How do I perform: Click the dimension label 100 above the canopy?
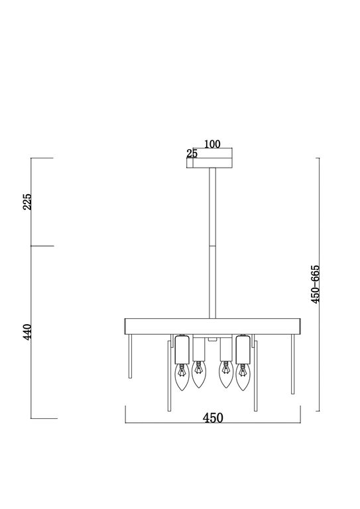click(x=212, y=144)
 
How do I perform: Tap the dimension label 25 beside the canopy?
click(x=192, y=153)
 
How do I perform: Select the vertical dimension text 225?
click(x=27, y=201)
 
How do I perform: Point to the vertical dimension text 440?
click(x=27, y=331)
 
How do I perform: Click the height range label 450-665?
click(x=315, y=284)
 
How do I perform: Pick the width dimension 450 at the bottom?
click(x=213, y=418)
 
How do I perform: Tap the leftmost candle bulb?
click(x=182, y=377)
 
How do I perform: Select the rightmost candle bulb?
click(x=242, y=377)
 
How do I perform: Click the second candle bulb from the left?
click(x=198, y=374)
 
